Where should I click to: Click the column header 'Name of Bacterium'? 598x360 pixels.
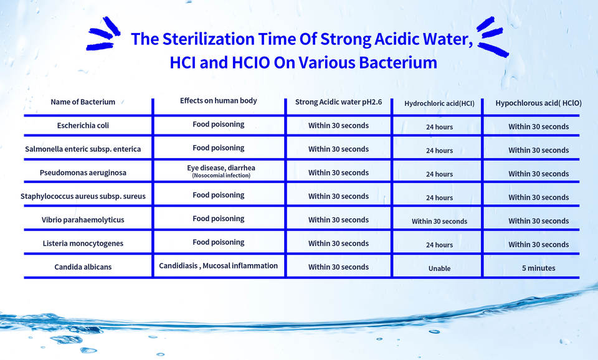pos(83,102)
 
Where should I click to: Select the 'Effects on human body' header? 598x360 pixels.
pos(219,101)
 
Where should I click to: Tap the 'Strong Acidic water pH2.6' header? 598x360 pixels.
pos(339,102)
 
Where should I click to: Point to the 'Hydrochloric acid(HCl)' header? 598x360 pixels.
pos(439,103)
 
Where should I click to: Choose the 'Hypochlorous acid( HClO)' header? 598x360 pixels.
pos(538,103)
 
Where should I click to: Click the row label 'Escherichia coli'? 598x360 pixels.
pos(83,125)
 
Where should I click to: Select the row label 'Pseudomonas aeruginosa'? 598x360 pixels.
pos(83,173)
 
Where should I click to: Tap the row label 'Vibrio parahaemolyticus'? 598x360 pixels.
pos(83,220)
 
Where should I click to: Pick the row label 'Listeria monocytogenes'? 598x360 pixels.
pos(83,244)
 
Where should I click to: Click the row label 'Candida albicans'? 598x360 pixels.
pos(83,267)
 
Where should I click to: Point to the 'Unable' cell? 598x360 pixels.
pos(439,268)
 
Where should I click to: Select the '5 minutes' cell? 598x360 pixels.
pos(538,268)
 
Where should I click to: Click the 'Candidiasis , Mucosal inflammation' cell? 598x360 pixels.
pos(218,266)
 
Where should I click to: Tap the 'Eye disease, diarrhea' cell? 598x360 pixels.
pos(221,168)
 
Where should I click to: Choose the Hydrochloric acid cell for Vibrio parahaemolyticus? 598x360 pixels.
pos(439,221)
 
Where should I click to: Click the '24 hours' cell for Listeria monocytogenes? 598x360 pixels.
pos(439,245)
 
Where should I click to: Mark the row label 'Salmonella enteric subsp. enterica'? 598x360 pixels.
pos(83,149)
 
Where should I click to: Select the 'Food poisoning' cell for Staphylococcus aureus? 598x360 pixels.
pos(219,195)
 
